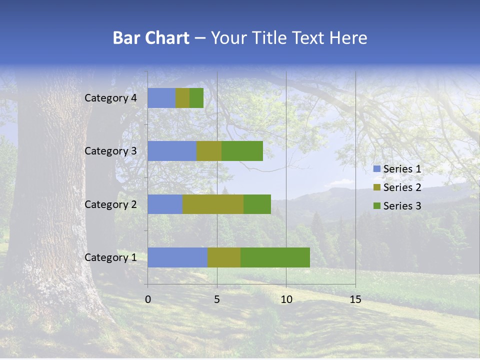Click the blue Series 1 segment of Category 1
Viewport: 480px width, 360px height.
click(x=177, y=257)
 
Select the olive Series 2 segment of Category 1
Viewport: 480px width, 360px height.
click(x=224, y=257)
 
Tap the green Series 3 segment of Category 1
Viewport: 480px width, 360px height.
click(x=275, y=257)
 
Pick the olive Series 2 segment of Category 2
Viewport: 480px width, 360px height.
click(x=213, y=204)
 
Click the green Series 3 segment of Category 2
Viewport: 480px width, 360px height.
click(x=257, y=204)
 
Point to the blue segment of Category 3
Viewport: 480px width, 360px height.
click(x=172, y=151)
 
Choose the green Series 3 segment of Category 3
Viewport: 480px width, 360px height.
click(x=242, y=151)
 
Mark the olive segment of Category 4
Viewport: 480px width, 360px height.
click(x=182, y=98)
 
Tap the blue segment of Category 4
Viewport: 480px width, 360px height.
click(x=161, y=98)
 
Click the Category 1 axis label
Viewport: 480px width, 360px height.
click(x=110, y=257)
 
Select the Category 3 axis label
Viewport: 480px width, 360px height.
click(x=110, y=151)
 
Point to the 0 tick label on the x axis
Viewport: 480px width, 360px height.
click(x=148, y=299)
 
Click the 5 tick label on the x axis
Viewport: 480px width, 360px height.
click(x=217, y=299)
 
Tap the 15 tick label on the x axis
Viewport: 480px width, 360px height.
click(x=355, y=299)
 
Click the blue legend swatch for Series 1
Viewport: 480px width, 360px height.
click(x=377, y=169)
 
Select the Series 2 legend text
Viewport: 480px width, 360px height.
click(x=402, y=187)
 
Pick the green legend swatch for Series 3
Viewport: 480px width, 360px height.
click(x=377, y=206)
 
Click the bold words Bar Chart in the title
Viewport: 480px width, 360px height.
click(x=151, y=38)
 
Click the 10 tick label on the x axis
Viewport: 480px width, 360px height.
click(x=286, y=299)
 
